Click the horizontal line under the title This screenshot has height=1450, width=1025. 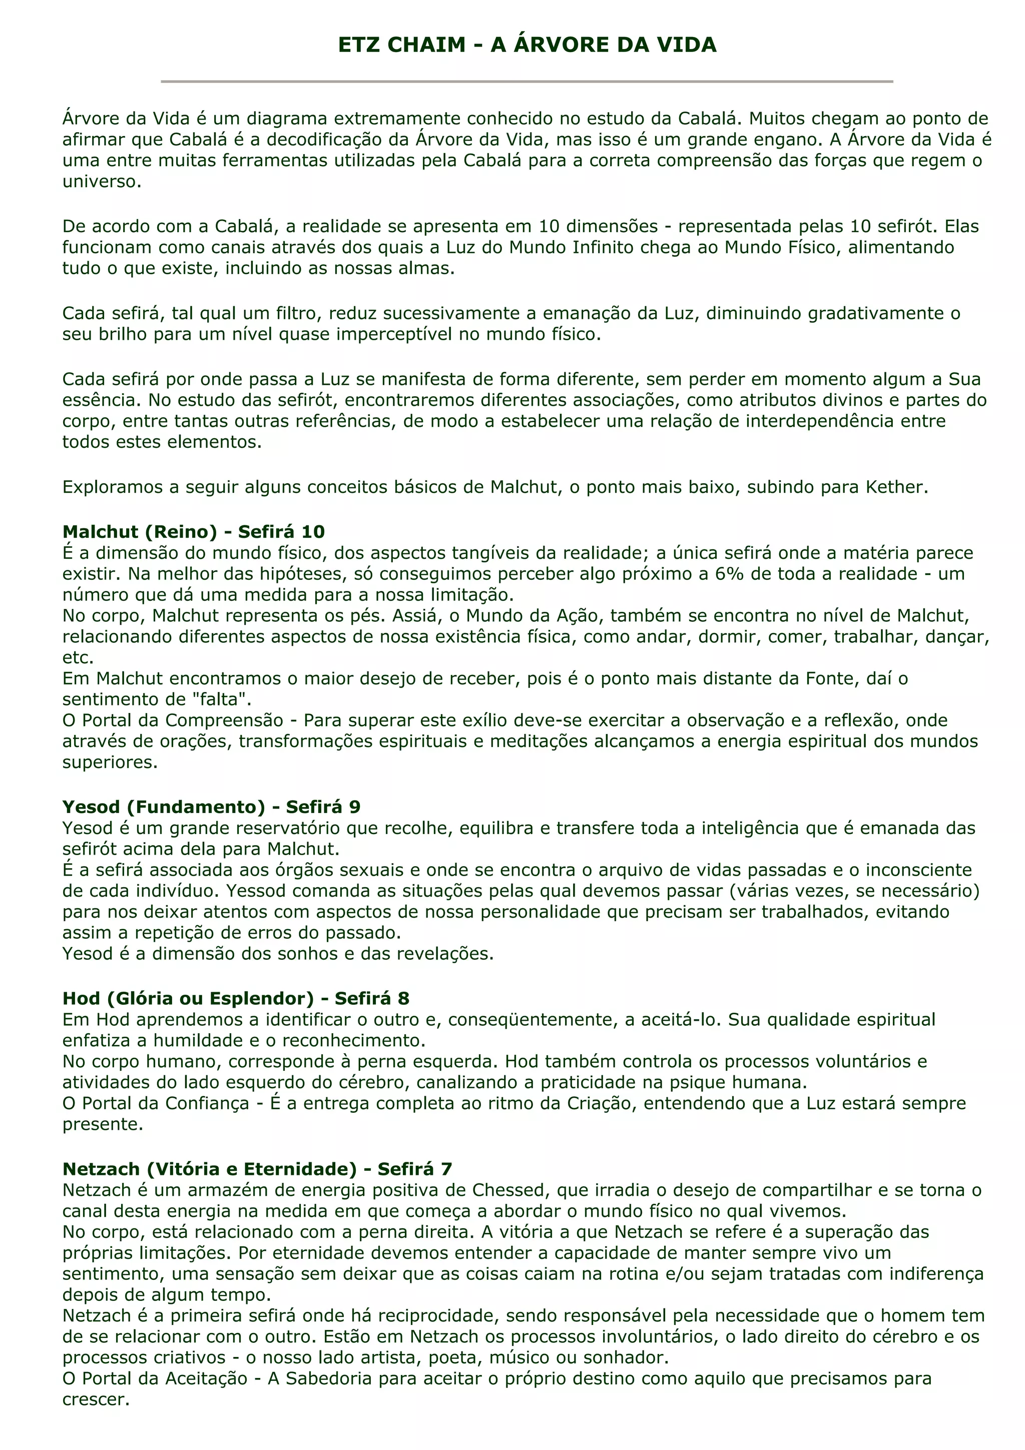click(527, 82)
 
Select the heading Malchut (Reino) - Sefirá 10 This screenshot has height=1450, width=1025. click(193, 532)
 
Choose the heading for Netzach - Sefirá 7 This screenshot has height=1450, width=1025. click(257, 1169)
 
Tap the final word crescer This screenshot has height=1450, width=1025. click(96, 1399)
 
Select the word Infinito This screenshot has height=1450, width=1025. click(603, 247)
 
